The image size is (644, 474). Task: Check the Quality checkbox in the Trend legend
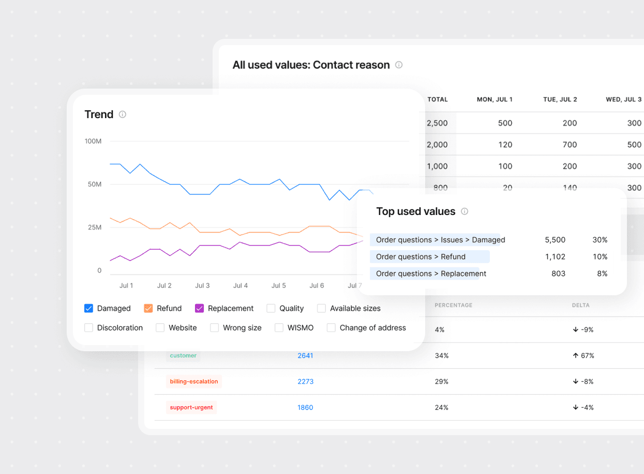271,308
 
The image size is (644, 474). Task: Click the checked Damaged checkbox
88,308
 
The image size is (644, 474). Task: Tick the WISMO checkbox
279,328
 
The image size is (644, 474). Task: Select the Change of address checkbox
331,328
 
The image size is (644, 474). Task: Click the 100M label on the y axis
93,141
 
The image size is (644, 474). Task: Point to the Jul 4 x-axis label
241,285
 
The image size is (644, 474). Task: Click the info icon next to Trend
123,114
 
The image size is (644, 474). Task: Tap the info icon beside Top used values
465,211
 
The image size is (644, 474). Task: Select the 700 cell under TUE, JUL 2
570,145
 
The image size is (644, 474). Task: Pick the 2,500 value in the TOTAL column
437,123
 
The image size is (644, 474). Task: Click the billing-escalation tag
194,382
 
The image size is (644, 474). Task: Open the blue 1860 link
305,408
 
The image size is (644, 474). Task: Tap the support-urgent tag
191,408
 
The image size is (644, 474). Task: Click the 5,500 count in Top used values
555,240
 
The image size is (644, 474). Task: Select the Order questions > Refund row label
421,257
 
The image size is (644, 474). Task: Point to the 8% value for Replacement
602,274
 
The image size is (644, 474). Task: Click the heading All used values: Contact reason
311,65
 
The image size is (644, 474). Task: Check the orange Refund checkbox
148,308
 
